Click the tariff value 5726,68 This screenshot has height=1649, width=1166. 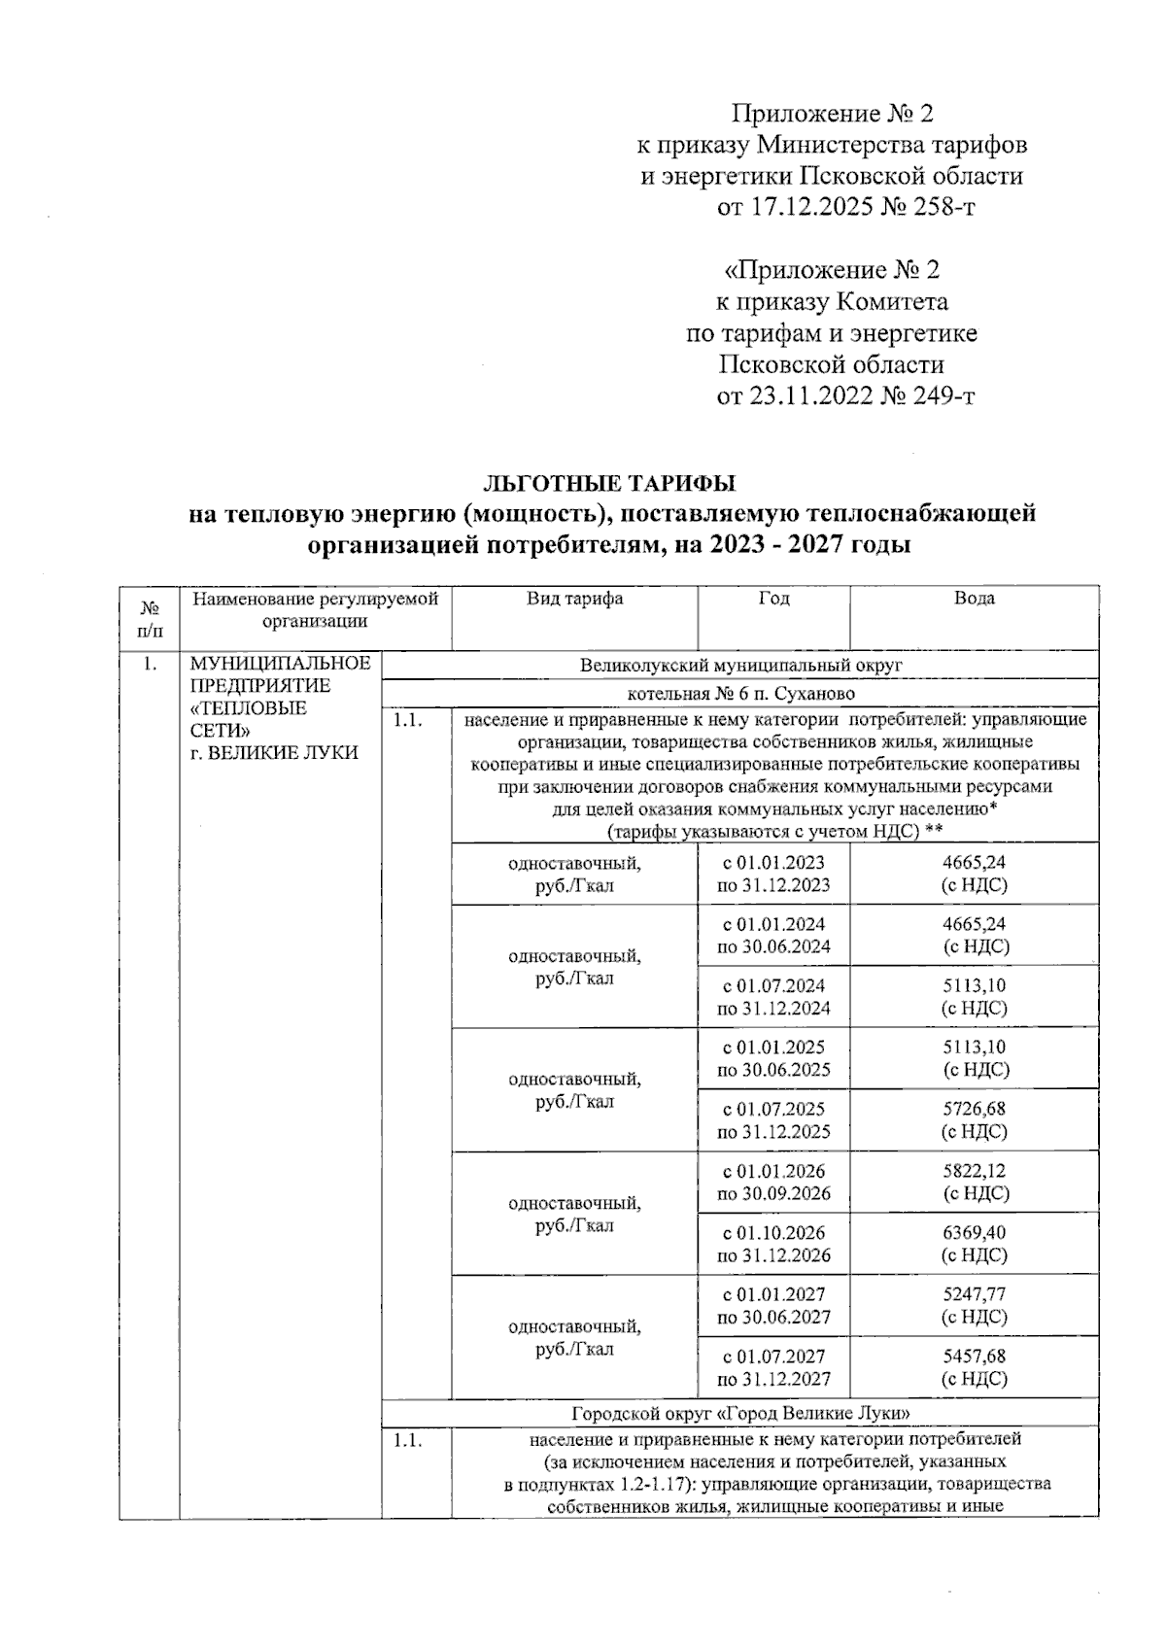pyautogui.click(x=974, y=1109)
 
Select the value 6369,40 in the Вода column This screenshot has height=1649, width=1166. pyautogui.click(x=974, y=1232)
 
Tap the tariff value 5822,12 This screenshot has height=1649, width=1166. pyautogui.click(x=974, y=1171)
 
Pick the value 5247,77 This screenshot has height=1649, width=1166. pyautogui.click(x=974, y=1294)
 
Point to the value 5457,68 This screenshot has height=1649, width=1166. pyautogui.click(x=974, y=1357)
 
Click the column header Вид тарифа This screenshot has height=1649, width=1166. pyautogui.click(x=574, y=600)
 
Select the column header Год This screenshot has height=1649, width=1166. pyautogui.click(x=773, y=600)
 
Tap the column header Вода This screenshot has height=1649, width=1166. pyautogui.click(x=974, y=600)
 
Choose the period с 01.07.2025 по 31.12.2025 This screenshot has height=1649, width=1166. pyautogui.click(x=773, y=1120)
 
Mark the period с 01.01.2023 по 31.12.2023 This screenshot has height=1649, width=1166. pyautogui.click(x=773, y=874)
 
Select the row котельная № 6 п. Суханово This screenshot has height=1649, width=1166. pyautogui.click(x=740, y=694)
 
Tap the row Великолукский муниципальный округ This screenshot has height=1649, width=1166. pyautogui.click(x=740, y=666)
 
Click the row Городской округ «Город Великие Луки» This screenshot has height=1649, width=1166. pyautogui.click(x=740, y=1412)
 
